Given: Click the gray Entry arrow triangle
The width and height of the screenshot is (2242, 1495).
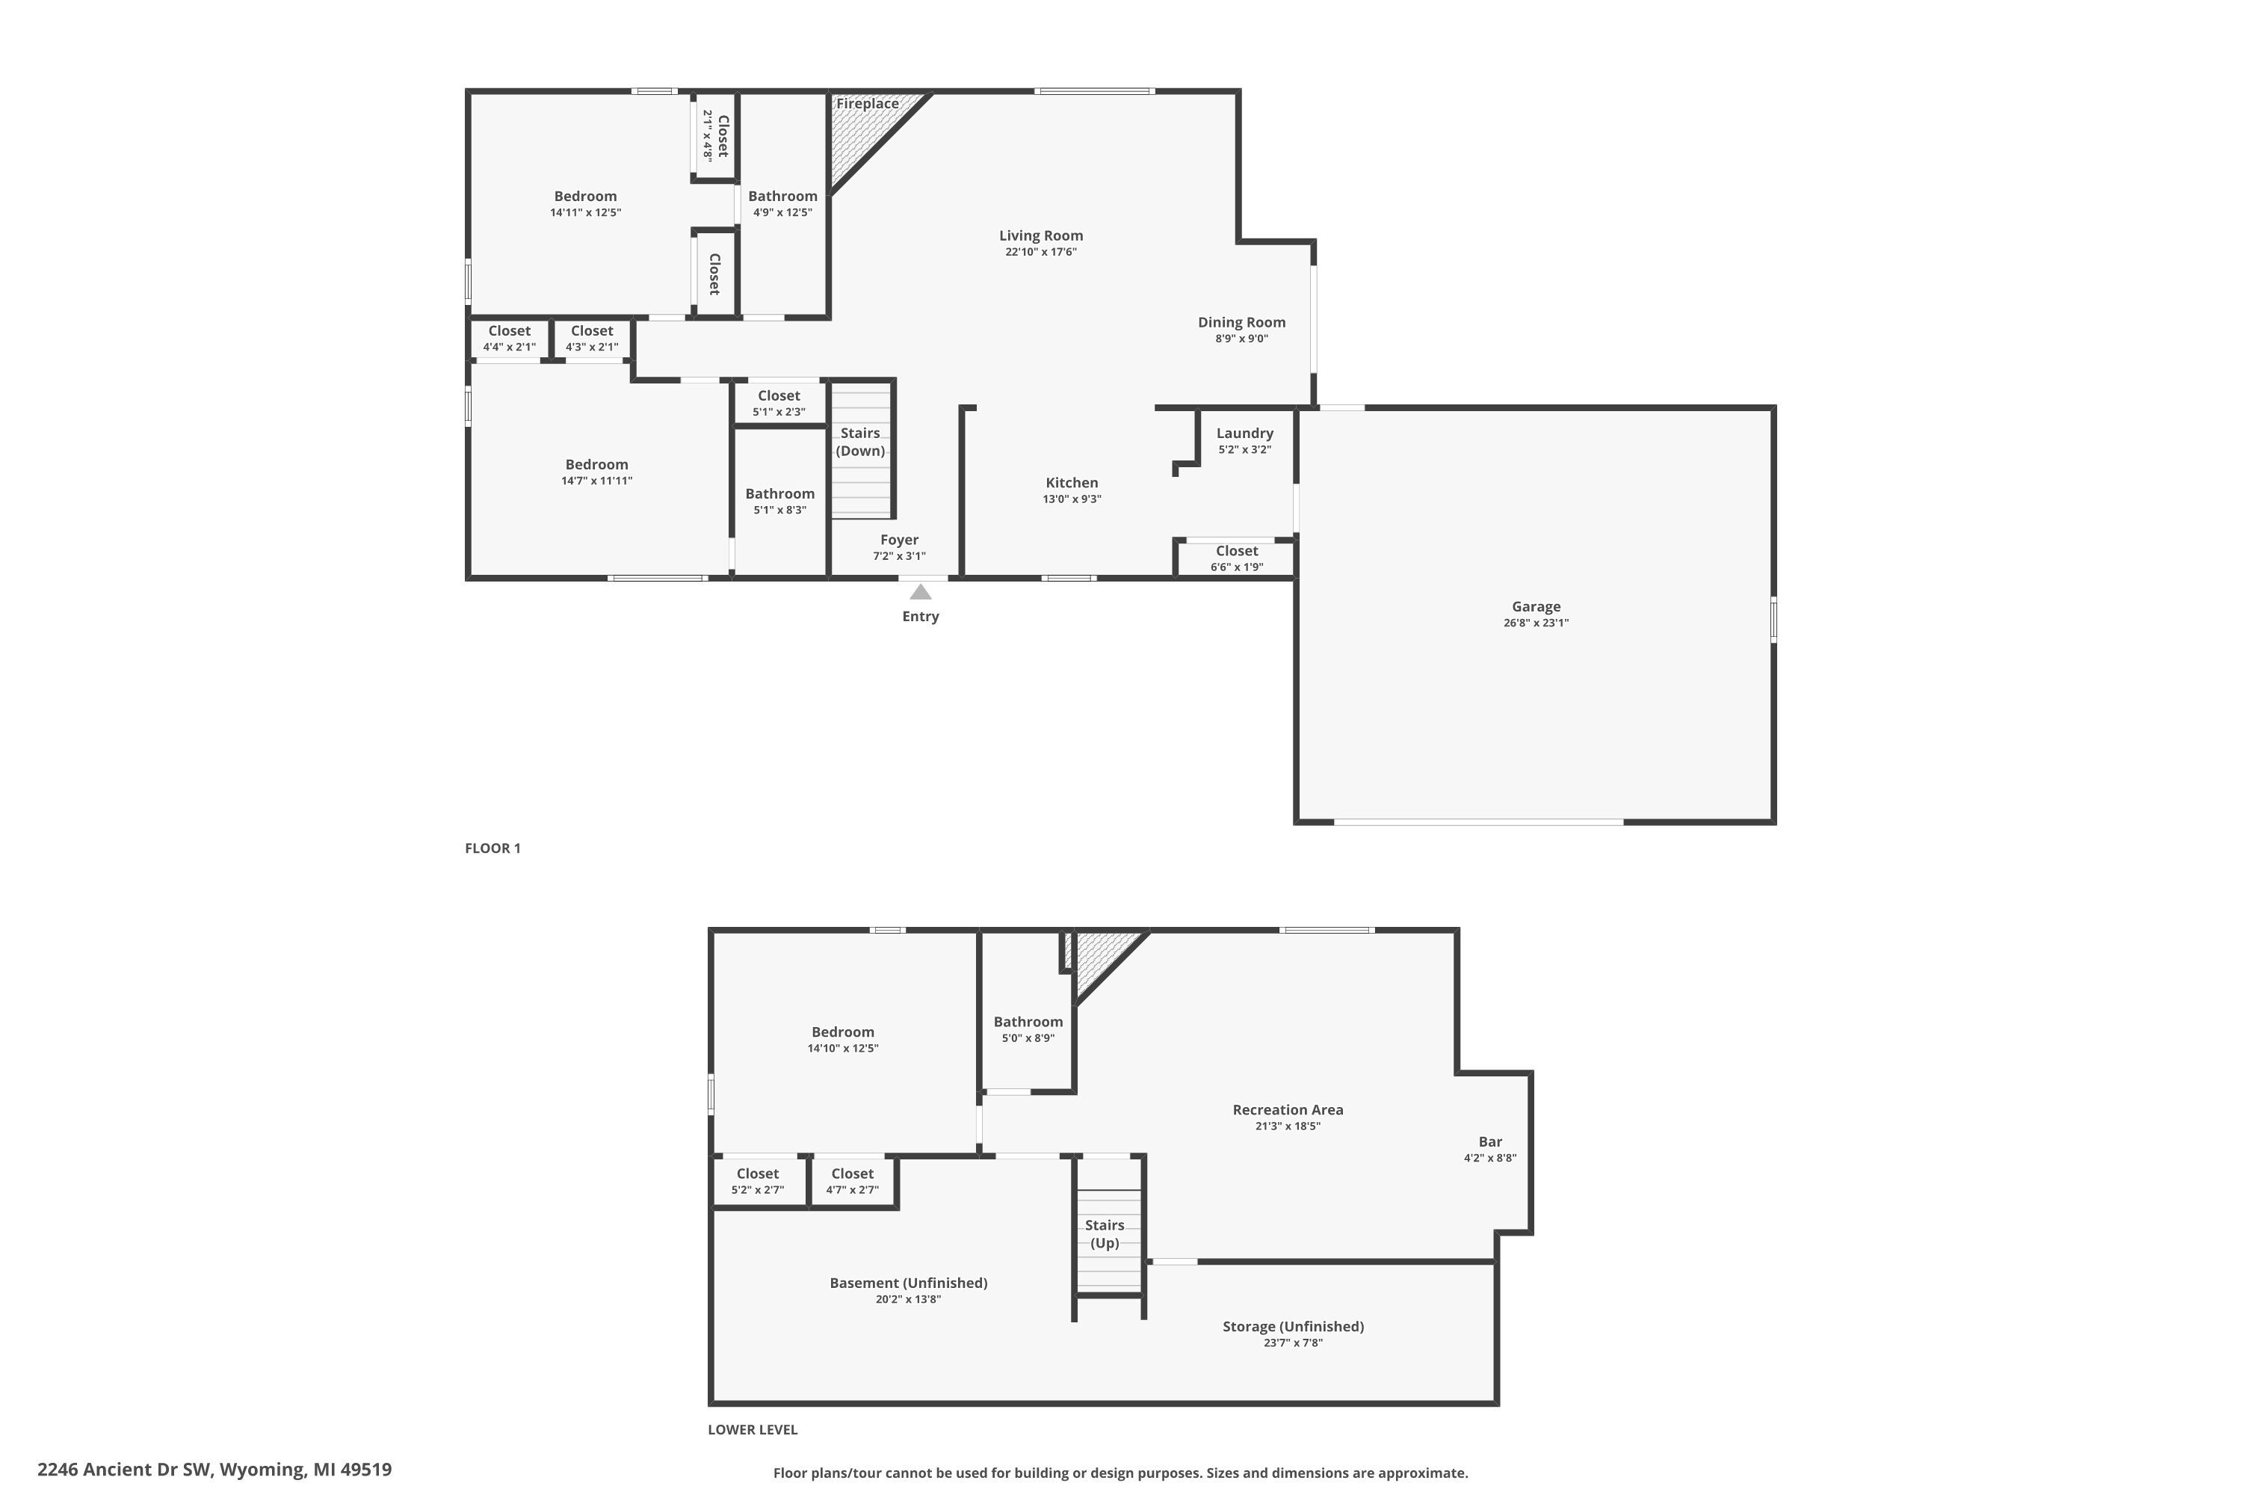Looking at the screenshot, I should point(920,592).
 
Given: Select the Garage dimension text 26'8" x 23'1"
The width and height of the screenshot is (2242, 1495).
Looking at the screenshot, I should point(1536,623).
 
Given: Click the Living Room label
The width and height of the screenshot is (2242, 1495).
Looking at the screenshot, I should point(1041,235).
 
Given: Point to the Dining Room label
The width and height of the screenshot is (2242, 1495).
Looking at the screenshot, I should point(1241,322).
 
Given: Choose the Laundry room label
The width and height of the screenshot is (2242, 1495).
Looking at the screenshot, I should point(1244,433).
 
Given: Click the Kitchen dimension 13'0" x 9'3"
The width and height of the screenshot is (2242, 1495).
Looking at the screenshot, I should point(1072,499).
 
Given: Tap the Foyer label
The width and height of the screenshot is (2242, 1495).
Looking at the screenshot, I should point(899,540).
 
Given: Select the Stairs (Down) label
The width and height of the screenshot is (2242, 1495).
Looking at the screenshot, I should point(860,442).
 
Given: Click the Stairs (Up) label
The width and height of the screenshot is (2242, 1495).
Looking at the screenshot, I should point(1104,1234).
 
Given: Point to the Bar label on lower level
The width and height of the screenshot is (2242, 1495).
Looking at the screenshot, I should point(1490,1141).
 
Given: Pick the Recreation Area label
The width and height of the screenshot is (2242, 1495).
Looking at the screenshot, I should point(1287,1110).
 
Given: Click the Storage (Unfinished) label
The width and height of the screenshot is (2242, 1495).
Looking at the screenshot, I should point(1293,1326).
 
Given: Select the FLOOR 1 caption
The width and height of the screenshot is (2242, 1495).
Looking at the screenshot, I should point(492,848).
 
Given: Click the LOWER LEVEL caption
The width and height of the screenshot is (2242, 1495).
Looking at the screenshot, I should point(752,1429).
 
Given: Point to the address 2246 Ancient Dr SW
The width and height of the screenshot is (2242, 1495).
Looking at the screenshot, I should point(214,1470).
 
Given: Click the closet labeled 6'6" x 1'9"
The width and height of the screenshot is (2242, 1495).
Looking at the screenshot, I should point(1236,558).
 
